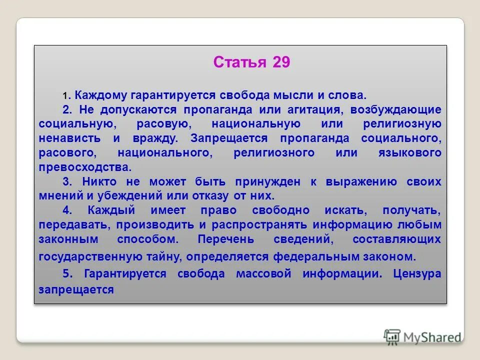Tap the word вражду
pos(148,137)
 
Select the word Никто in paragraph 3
pos(103,182)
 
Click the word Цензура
pos(417,274)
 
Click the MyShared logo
pos(423,337)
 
